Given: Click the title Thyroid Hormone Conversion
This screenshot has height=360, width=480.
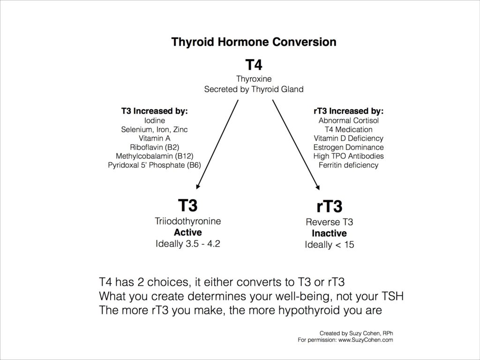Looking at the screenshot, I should pyautogui.click(x=254, y=42).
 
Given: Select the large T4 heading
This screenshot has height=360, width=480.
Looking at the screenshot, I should pyautogui.click(x=254, y=65).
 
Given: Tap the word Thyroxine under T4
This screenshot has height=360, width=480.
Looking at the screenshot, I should pyautogui.click(x=254, y=79).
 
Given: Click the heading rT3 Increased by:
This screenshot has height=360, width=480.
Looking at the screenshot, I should pyautogui.click(x=348, y=112).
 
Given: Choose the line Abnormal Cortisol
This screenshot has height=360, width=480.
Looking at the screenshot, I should pyautogui.click(x=348, y=120).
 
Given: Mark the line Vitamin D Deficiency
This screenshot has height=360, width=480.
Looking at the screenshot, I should pyautogui.click(x=348, y=138).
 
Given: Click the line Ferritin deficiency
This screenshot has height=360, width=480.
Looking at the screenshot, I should pyautogui.click(x=348, y=165).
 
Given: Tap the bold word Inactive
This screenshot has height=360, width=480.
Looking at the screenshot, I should pyautogui.click(x=329, y=233).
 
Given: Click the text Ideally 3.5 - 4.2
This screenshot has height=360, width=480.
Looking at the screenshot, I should pyautogui.click(x=187, y=244).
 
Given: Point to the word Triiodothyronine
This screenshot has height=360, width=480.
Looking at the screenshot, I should pyautogui.click(x=187, y=221).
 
